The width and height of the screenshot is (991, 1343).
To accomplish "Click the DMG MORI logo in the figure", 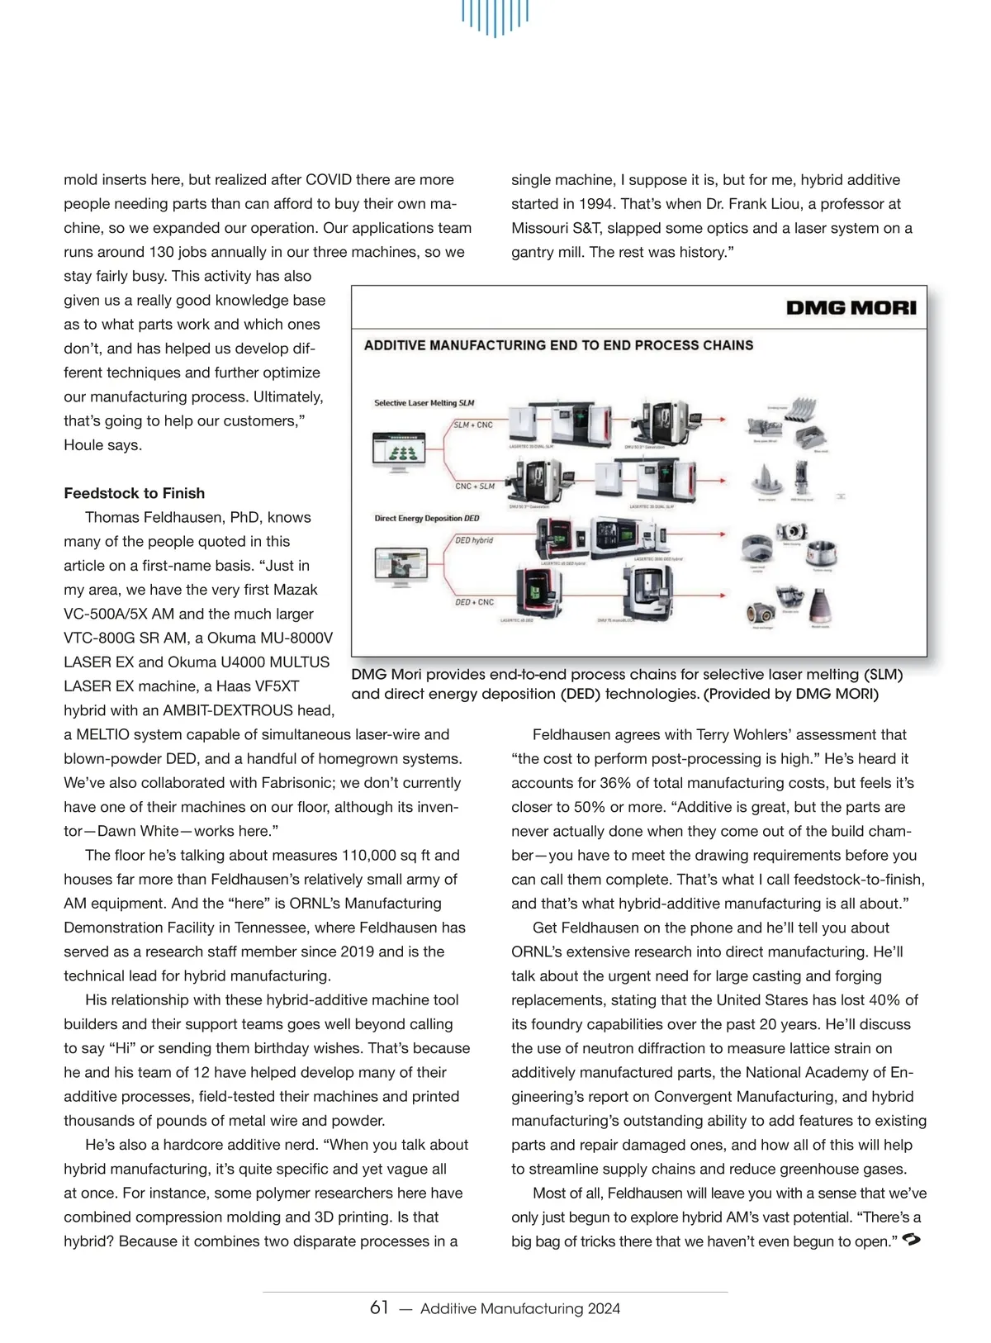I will [x=851, y=308].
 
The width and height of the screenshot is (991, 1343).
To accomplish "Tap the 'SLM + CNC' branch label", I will [x=473, y=425].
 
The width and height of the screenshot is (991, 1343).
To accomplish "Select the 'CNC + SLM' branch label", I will [x=475, y=486].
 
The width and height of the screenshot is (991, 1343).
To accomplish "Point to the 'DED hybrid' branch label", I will [x=474, y=540].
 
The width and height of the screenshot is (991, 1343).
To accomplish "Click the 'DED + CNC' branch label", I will [x=474, y=602].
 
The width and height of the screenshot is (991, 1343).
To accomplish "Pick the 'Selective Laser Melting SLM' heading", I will [x=424, y=403].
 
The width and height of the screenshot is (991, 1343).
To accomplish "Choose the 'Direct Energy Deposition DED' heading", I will [x=426, y=519].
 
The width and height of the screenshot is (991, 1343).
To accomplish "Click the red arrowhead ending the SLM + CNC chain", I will [x=726, y=420].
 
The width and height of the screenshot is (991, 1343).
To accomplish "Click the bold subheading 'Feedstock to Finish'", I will [x=134, y=493].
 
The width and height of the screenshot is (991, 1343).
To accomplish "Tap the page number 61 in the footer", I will [x=379, y=1307].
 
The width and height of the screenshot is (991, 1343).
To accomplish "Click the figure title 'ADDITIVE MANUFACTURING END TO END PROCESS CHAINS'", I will [x=558, y=345].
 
